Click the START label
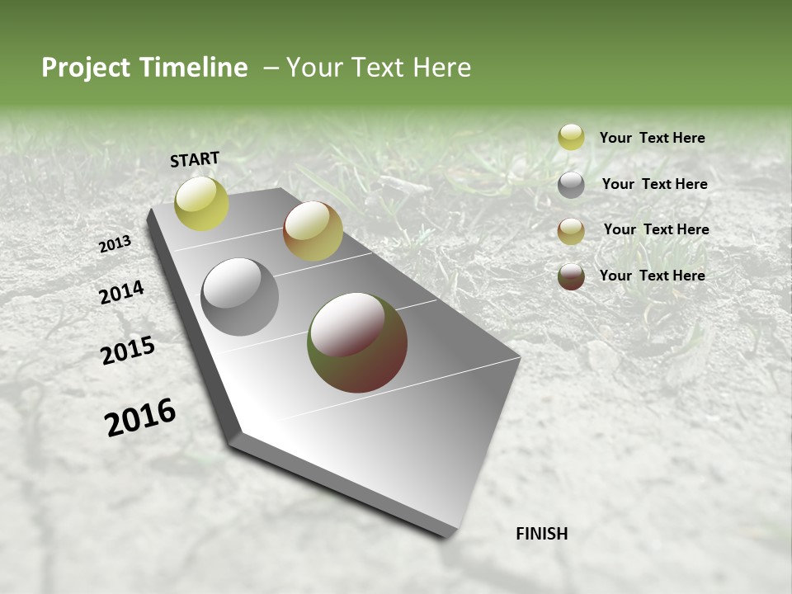(x=195, y=159)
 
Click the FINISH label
(x=541, y=534)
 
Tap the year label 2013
(x=115, y=244)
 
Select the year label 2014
(x=121, y=293)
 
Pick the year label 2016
(x=140, y=417)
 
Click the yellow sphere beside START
(x=201, y=203)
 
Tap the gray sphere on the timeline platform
(x=239, y=297)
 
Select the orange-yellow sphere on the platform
(x=313, y=231)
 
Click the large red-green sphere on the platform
(x=357, y=342)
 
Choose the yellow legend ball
(x=571, y=137)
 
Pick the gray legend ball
(x=571, y=185)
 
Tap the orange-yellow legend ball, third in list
(x=571, y=231)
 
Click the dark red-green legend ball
(x=571, y=276)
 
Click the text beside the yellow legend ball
(x=652, y=138)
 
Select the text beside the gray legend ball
(x=654, y=184)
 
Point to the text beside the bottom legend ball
(x=652, y=276)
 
